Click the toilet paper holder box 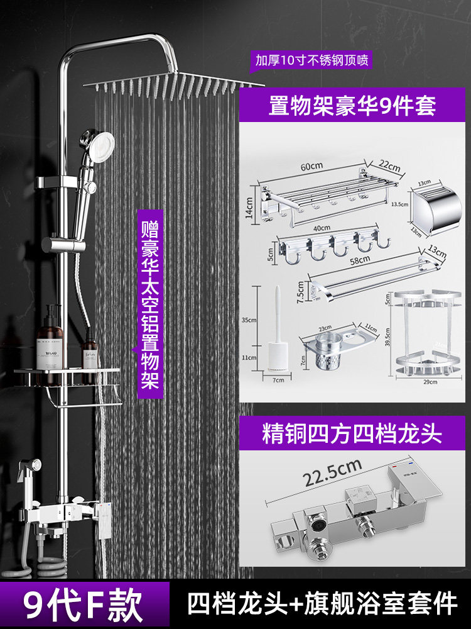pyautogui.click(x=435, y=208)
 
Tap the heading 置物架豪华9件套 pyautogui.click(x=351, y=104)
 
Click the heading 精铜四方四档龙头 pyautogui.click(x=352, y=435)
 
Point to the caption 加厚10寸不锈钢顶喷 pyautogui.click(x=311, y=61)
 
